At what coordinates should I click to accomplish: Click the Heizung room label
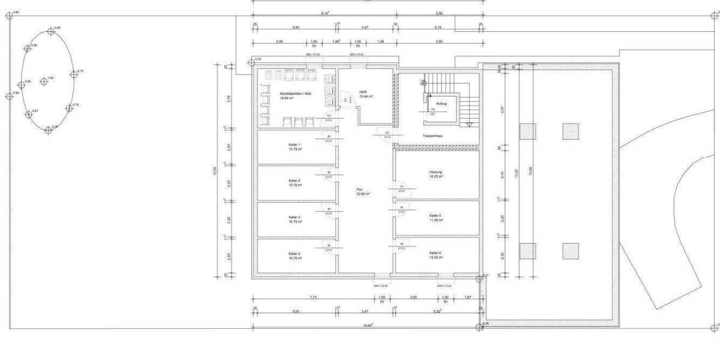click(436, 174)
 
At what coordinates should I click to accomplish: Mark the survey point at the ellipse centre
click(43, 81)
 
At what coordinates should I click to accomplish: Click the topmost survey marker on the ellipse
click(51, 29)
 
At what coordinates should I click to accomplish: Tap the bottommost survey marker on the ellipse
click(48, 130)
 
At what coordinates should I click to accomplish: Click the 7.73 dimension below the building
click(313, 297)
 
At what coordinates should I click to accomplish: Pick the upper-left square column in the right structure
click(527, 131)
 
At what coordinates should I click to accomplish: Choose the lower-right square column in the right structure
click(571, 251)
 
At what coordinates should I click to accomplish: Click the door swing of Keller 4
click(329, 246)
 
